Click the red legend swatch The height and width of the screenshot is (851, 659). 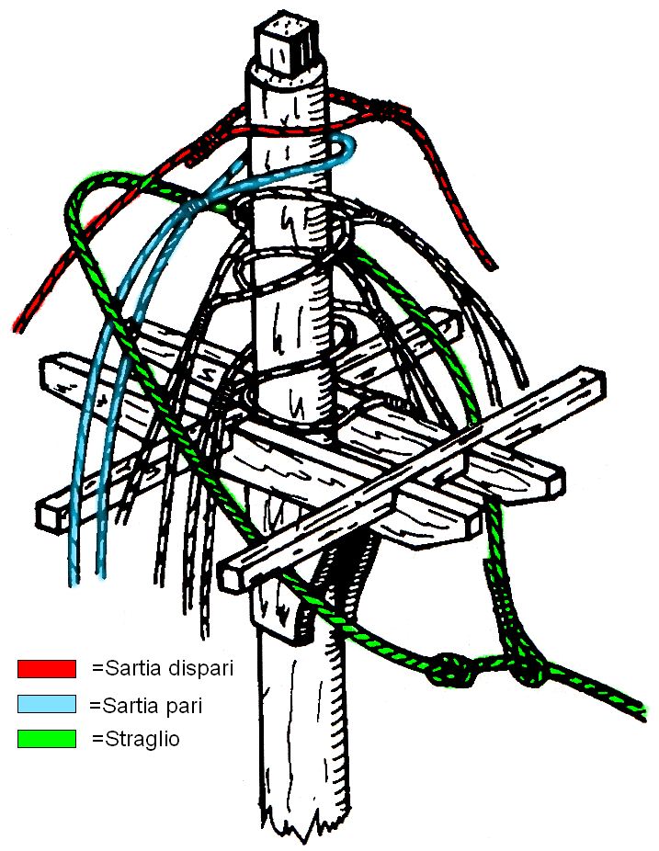click(46, 668)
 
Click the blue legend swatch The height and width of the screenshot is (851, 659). click(46, 704)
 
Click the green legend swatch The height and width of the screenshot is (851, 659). click(46, 738)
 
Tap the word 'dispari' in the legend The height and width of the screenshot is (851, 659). click(198, 668)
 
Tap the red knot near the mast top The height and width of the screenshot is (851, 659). click(392, 111)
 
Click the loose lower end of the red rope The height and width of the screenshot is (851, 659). click(20, 323)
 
